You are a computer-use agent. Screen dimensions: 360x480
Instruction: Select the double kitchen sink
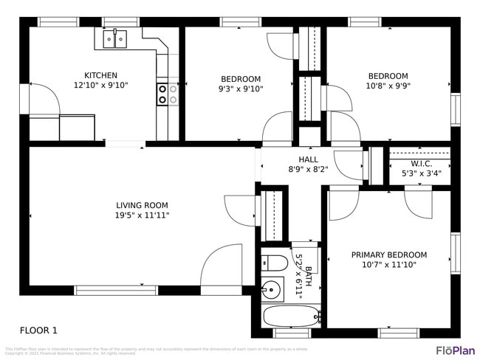(x=115, y=38)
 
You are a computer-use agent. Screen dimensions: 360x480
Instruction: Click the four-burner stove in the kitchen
(x=167, y=94)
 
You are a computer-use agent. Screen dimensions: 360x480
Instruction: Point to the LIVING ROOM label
(x=142, y=205)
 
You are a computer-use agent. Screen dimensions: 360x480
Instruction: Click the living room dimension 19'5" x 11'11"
(x=142, y=215)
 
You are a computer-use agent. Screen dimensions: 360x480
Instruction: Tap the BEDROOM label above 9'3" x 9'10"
(x=241, y=79)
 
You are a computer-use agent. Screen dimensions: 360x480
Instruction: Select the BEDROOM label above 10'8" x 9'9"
(x=388, y=75)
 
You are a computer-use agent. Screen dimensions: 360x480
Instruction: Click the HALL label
(x=308, y=159)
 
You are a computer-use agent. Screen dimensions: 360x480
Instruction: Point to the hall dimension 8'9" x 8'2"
(x=308, y=169)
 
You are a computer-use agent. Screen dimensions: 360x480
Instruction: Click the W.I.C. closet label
(x=421, y=164)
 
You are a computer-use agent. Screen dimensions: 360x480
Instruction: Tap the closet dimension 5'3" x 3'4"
(x=421, y=174)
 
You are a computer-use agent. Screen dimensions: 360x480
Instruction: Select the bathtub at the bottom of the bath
(x=291, y=316)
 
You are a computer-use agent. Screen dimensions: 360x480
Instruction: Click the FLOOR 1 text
(x=38, y=330)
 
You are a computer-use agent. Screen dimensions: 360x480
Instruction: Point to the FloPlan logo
(x=455, y=350)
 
